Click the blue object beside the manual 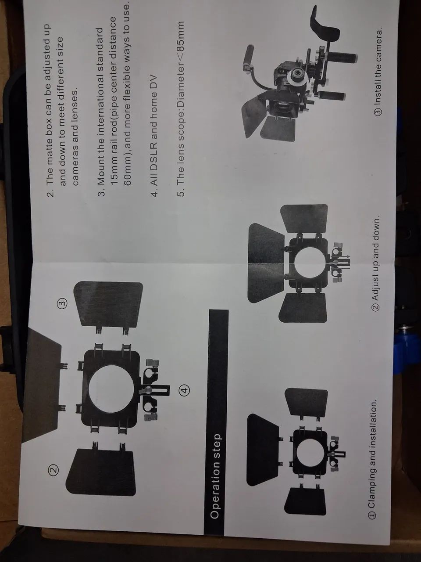pyautogui.click(x=406, y=352)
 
